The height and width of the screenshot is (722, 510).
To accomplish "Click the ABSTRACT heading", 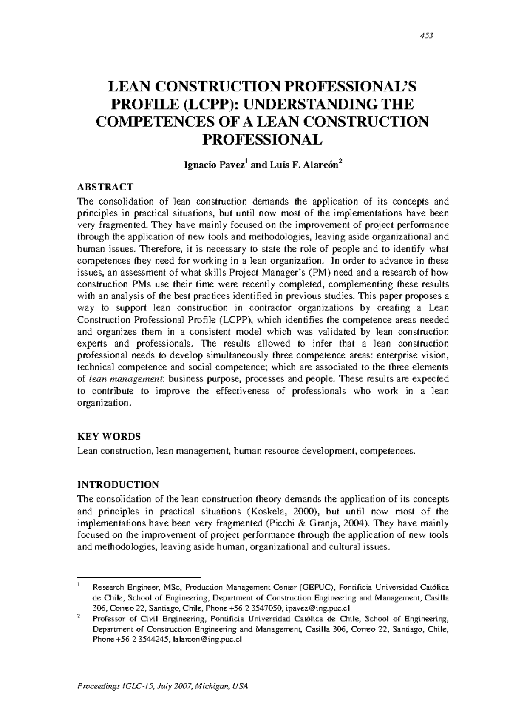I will click(x=105, y=187).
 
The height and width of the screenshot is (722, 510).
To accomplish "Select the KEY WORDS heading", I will click(x=109, y=436).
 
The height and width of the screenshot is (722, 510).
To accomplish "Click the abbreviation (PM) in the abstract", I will click(x=318, y=272).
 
